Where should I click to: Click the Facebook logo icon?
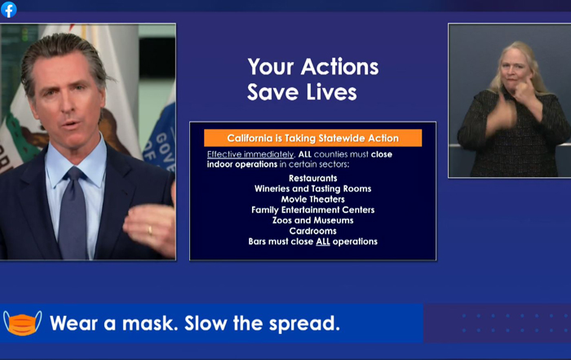pos(9,10)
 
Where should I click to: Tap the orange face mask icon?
pos(23,323)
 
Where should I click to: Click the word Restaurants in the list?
pos(312,178)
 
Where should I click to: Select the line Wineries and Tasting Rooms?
pos(312,189)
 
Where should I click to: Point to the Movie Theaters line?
pos(312,199)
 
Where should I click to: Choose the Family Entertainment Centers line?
pos(312,210)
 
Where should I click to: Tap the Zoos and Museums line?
pos(312,220)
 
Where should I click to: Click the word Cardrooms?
pos(312,231)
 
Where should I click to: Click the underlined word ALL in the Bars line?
pos(323,242)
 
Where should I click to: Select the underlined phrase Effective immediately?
pos(250,154)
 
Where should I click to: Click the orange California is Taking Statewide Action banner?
pos(312,138)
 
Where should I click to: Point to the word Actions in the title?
pos(339,67)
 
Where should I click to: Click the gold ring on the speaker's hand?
pos(149,231)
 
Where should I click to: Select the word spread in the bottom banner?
pos(304,324)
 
